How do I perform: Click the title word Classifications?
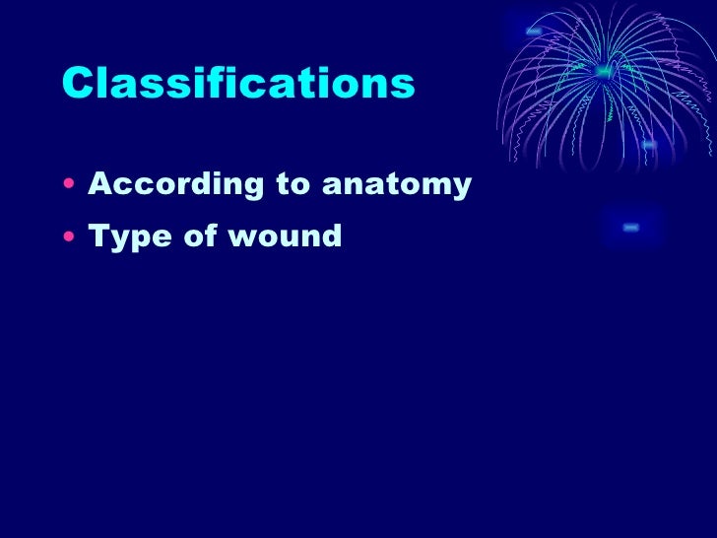point(237,85)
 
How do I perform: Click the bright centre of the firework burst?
point(604,71)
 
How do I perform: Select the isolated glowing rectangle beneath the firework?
point(631,228)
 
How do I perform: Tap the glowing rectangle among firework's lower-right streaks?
point(648,145)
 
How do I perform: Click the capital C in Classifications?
point(76,85)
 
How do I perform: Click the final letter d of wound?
point(331,235)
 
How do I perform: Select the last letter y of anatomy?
point(460,188)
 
